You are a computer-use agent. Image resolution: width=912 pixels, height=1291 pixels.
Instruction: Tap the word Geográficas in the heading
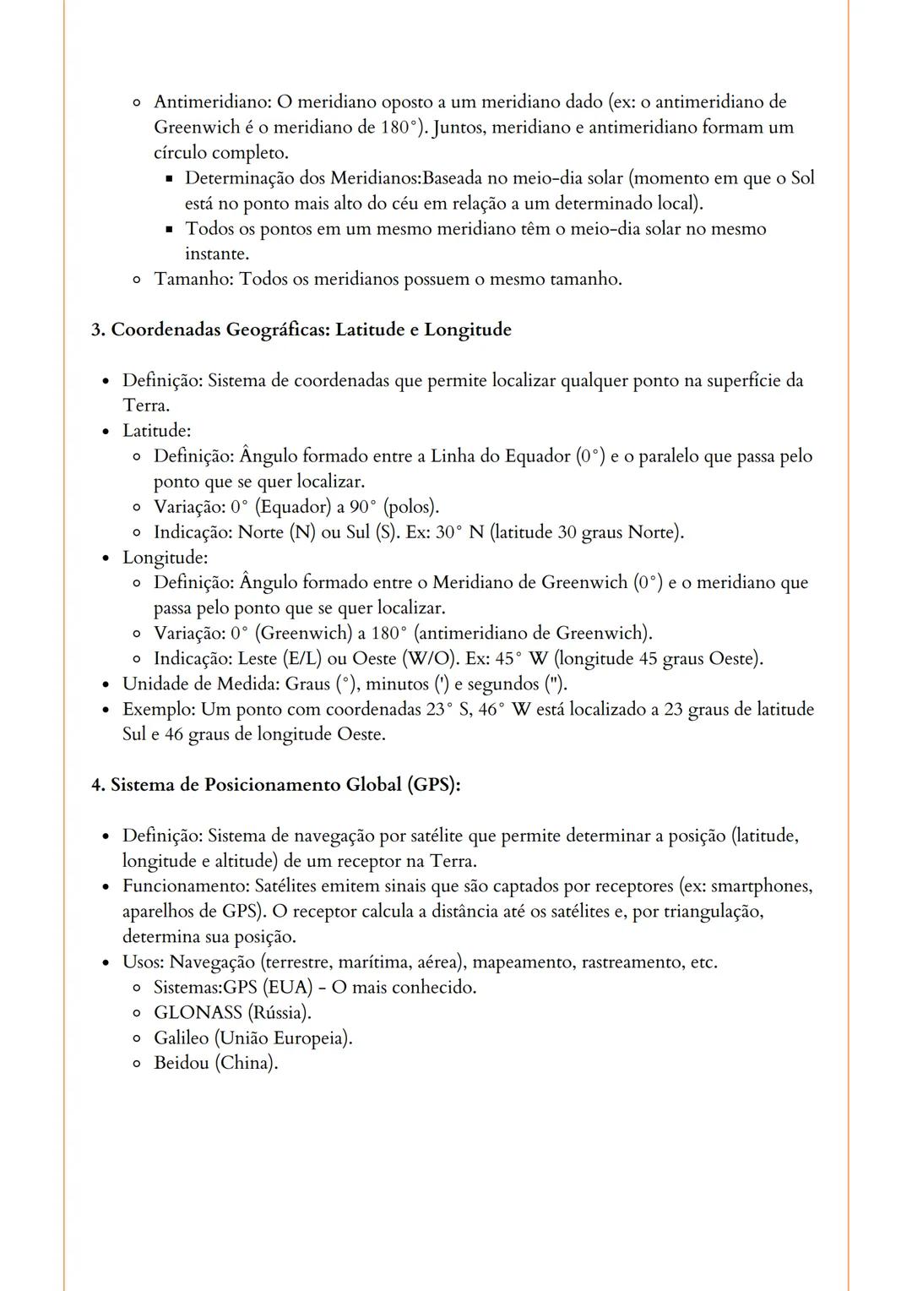276,330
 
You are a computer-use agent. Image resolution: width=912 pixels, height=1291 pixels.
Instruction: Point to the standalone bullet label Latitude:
156,431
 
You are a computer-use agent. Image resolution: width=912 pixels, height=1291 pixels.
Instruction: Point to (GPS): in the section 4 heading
434,785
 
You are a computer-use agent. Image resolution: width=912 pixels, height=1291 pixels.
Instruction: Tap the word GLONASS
198,1012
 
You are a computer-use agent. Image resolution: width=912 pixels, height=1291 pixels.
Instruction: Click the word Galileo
181,1038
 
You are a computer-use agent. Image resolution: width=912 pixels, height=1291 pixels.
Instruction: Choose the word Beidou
181,1063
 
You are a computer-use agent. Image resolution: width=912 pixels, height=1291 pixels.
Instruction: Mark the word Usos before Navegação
142,961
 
